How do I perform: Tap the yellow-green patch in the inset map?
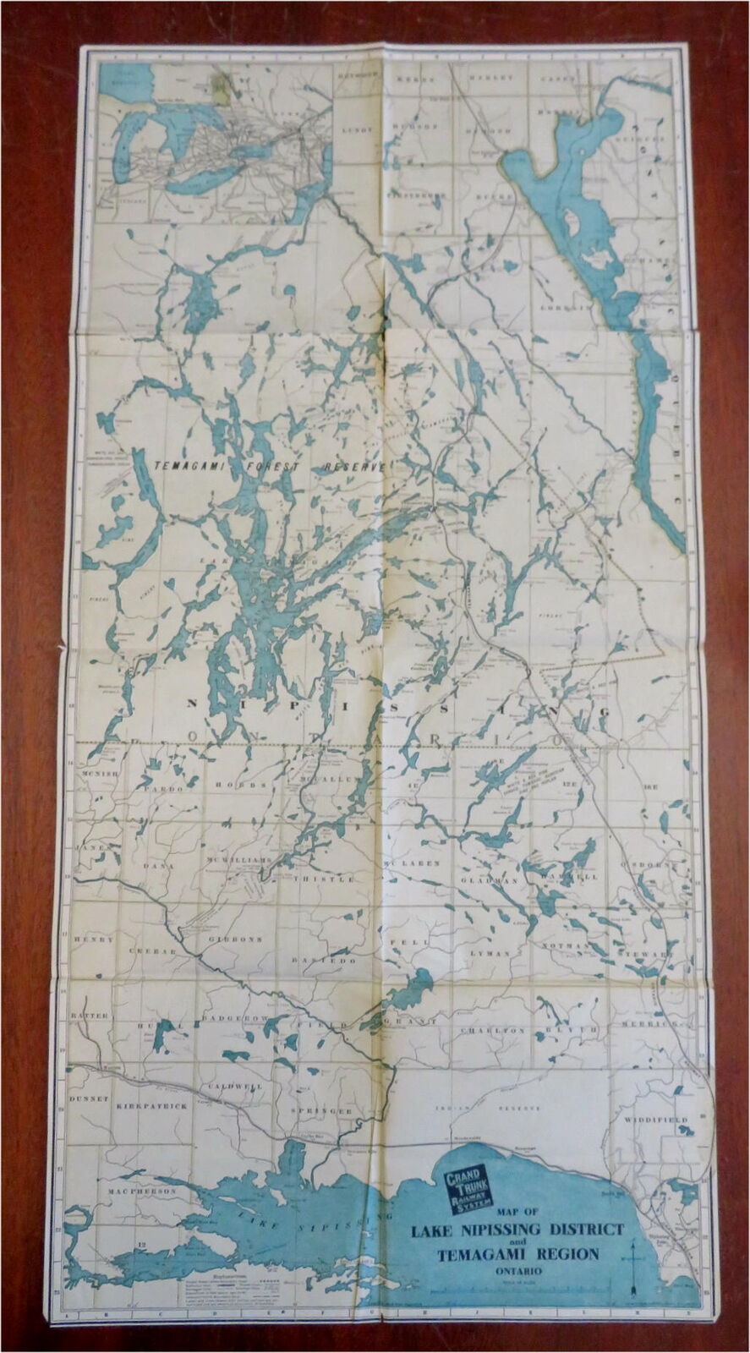(221, 85)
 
